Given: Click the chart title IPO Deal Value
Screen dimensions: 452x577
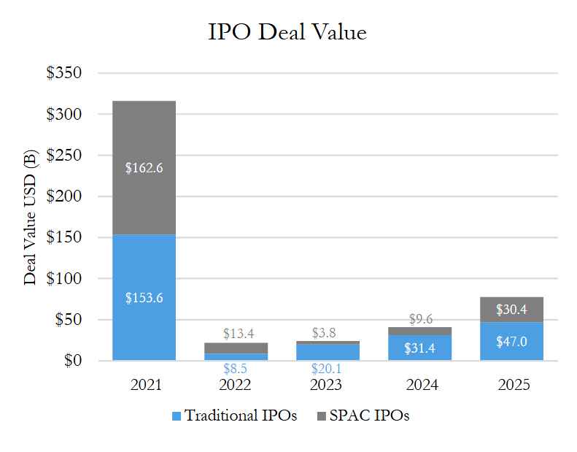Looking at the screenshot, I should click(x=287, y=33).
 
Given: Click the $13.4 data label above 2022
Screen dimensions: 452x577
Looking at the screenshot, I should click(x=236, y=334).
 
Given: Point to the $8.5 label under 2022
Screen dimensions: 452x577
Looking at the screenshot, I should click(x=236, y=368).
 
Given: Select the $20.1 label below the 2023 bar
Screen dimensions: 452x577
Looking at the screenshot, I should click(x=328, y=368).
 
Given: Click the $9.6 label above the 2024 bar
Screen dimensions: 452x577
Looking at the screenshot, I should click(x=419, y=318).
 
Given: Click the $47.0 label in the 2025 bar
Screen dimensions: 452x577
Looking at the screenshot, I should click(x=511, y=342).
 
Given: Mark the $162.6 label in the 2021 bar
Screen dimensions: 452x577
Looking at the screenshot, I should click(x=144, y=168).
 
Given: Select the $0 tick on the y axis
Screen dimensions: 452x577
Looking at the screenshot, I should click(x=71, y=361).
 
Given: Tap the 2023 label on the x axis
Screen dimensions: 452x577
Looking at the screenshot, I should click(x=328, y=384).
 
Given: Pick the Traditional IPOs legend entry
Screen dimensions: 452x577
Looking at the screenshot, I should click(x=234, y=416).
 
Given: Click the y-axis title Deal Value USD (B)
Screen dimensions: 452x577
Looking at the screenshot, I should click(x=31, y=217).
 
